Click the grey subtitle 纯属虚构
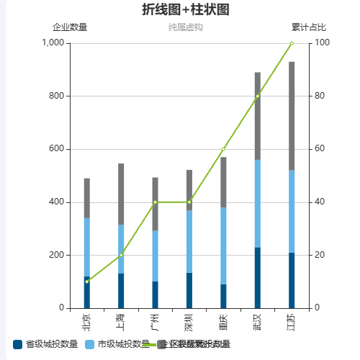point(186,27)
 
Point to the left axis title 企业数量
point(70,27)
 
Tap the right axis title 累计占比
point(308,27)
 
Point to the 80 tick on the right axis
point(320,96)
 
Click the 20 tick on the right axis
point(320,255)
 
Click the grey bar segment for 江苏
point(292,115)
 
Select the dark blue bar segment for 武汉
point(258,278)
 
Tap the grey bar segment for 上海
point(121,194)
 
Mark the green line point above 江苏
point(292,43)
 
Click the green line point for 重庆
point(223,149)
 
